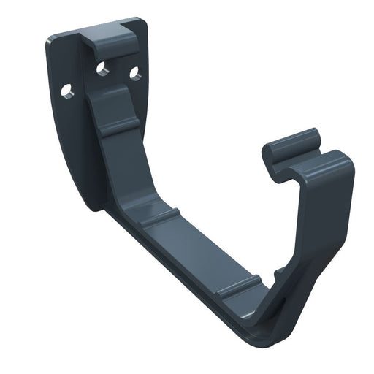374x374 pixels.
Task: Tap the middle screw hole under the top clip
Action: pos(102,69)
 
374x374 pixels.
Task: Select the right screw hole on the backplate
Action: pos(134,73)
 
